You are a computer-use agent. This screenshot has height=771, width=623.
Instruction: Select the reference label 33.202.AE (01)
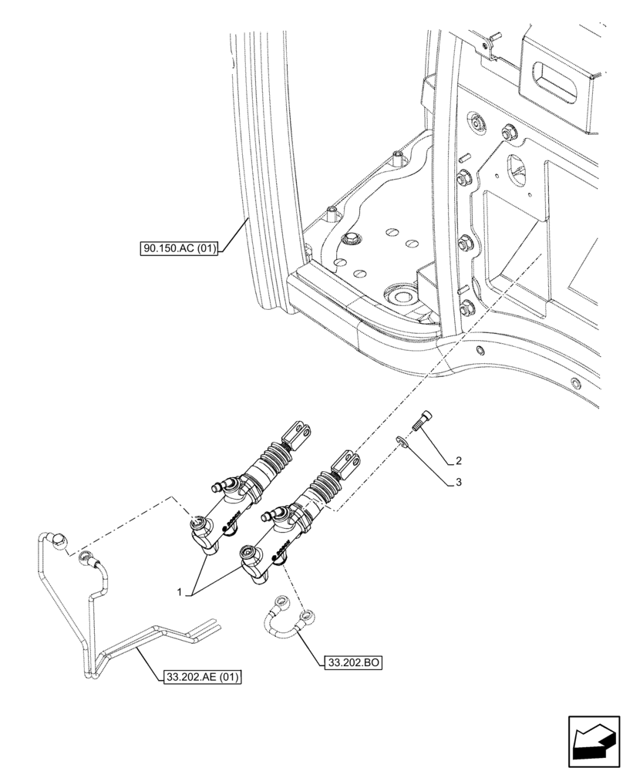203,678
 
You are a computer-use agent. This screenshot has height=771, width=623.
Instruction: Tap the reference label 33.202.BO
355,662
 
